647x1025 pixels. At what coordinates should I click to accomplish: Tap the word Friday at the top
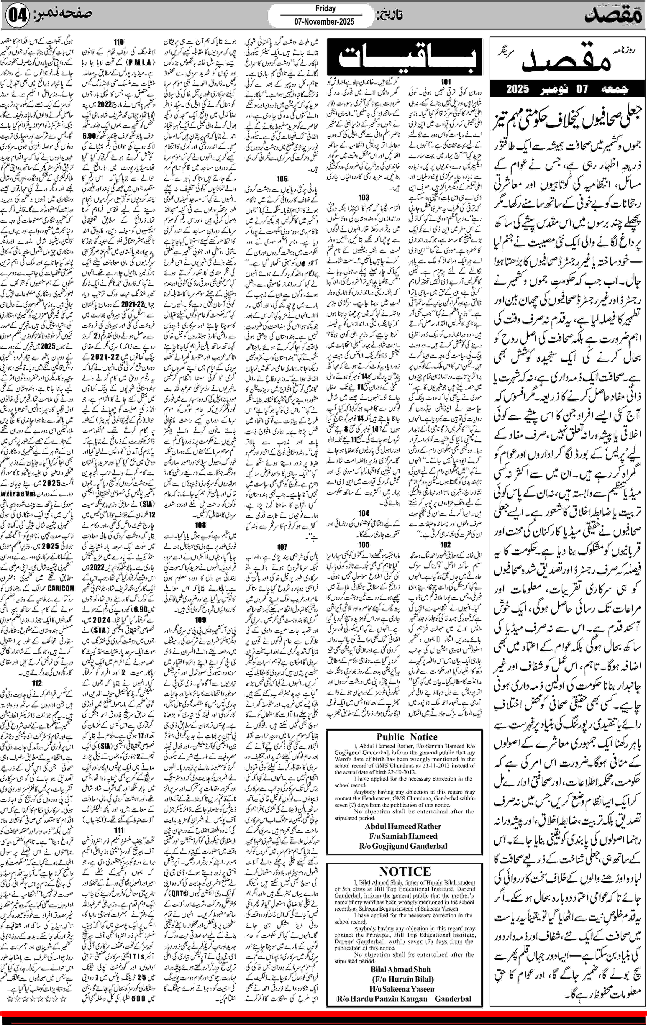[x=326, y=8]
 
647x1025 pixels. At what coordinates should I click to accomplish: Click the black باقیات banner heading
[x=404, y=57]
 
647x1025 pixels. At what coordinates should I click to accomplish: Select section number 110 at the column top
[x=119, y=42]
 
